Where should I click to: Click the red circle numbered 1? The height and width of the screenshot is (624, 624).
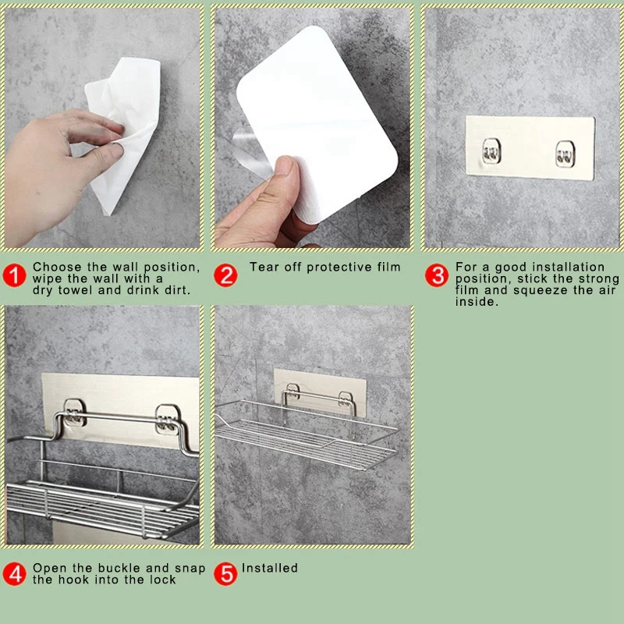coord(14,275)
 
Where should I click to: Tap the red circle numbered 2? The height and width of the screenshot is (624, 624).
coord(225,275)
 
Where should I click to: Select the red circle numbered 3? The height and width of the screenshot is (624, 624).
coord(437,275)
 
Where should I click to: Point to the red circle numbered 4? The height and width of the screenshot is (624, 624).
coord(14,573)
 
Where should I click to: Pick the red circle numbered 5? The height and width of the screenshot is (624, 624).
coord(225,573)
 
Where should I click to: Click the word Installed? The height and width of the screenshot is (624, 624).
coord(270,568)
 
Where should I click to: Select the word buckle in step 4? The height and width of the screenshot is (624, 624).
coord(120,568)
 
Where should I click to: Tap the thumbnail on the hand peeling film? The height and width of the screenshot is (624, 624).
coord(284,165)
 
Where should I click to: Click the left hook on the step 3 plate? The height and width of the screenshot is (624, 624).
coord(491,151)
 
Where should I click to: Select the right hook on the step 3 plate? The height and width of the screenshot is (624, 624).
coord(565,154)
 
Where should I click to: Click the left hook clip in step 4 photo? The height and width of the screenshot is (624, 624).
coord(74,413)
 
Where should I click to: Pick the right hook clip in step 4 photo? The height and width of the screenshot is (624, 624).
coord(168,420)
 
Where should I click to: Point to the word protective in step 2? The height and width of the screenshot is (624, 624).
coord(339,267)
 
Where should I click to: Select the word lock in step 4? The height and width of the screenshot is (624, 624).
coord(163,580)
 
